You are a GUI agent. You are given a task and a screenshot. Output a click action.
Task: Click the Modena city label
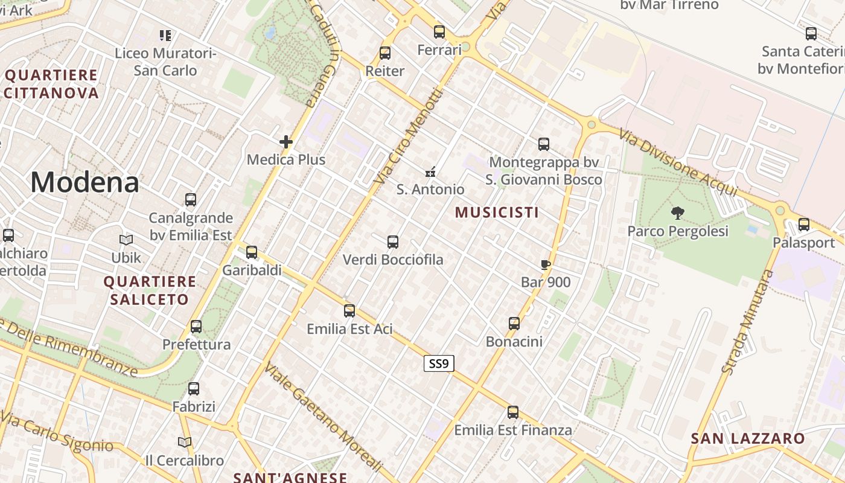pos(84,182)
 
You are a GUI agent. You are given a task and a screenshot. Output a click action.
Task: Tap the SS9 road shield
pos(439,363)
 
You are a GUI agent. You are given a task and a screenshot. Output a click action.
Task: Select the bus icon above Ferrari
pos(439,32)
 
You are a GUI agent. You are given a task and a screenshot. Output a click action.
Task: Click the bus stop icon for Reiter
pos(385,53)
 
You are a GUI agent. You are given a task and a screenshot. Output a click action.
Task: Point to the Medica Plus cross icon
pos(286,142)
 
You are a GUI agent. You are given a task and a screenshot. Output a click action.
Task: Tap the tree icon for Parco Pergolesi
pos(678,213)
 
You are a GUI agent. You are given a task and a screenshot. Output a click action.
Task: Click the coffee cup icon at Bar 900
pos(545,264)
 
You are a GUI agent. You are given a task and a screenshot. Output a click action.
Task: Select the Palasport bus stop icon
pos(804,225)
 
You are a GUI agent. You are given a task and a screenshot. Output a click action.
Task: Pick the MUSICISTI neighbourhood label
pos(497,213)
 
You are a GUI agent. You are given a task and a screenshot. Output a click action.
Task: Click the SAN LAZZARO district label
pos(748,438)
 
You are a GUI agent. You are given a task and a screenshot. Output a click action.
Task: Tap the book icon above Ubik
pos(126,240)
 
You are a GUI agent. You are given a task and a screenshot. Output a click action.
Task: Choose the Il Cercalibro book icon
pos(185,443)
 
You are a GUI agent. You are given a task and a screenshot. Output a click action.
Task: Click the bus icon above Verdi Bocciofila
pos(393,242)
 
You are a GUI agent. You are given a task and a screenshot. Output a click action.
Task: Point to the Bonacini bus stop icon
pos(514,324)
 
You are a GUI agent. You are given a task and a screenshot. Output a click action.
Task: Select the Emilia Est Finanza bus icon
pos(513,412)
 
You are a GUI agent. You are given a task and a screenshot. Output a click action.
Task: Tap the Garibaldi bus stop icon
pos(252,252)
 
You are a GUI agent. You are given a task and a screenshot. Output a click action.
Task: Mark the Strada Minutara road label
pos(747,322)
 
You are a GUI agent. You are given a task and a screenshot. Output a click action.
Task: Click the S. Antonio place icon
pos(430,172)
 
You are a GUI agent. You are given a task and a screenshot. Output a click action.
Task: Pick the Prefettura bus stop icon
pos(196,327)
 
